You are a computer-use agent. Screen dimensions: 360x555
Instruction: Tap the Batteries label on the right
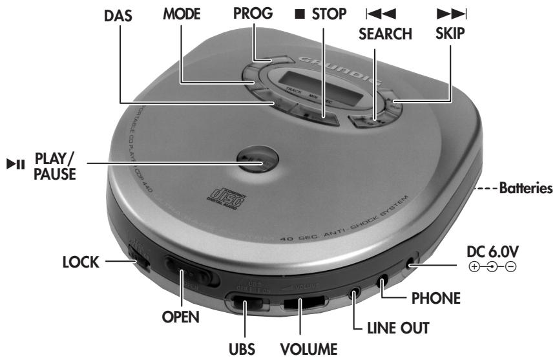pos(522,190)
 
